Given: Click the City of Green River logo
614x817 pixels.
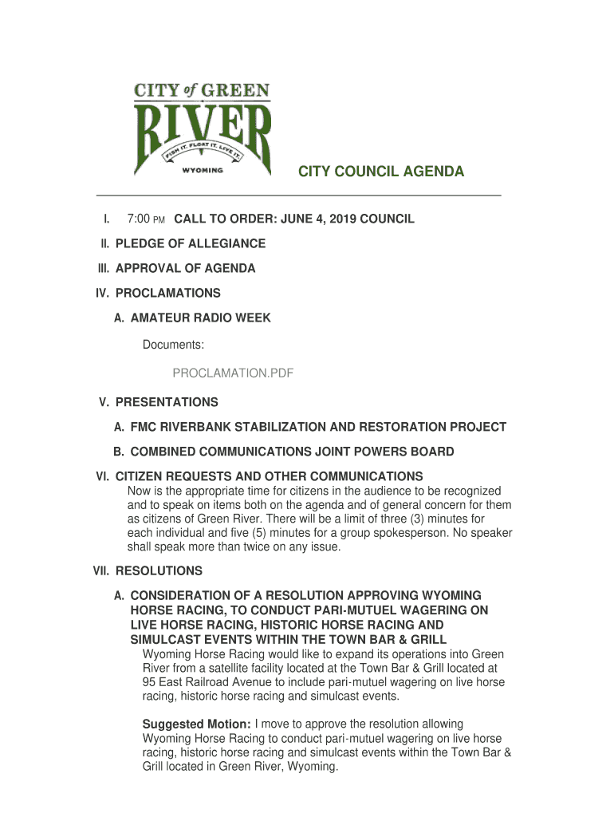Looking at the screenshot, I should tap(203, 129).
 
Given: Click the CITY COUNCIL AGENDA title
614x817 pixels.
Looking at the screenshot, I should tap(381, 172).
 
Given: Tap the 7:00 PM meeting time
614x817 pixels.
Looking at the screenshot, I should tap(146, 219).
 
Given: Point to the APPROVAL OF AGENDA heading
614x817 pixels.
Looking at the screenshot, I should tap(185, 268).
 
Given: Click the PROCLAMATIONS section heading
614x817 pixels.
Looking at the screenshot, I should tap(167, 293).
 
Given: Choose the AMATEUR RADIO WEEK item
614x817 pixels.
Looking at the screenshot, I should tap(200, 318).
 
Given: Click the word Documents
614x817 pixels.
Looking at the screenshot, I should tap(173, 345).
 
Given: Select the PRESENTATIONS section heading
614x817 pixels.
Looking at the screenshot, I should tap(167, 402).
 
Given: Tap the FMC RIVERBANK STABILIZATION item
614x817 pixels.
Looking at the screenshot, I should tap(318, 427).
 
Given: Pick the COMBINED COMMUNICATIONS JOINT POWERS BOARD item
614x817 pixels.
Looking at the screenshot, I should tap(292, 452).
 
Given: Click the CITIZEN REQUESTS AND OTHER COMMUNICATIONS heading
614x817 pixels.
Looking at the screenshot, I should tap(269, 476).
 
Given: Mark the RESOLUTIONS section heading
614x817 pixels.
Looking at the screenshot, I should tap(159, 571).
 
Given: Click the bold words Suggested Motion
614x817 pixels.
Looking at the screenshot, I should tap(196, 724).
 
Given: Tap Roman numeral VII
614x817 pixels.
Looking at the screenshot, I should tap(102, 571).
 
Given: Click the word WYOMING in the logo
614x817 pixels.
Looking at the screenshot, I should tap(203, 170).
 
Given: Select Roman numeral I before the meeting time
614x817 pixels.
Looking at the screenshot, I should tap(105, 219).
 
